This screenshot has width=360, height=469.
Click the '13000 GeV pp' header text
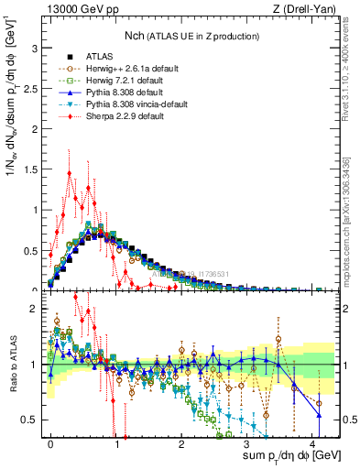point(82,8)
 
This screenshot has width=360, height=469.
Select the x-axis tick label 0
point(50,443)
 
